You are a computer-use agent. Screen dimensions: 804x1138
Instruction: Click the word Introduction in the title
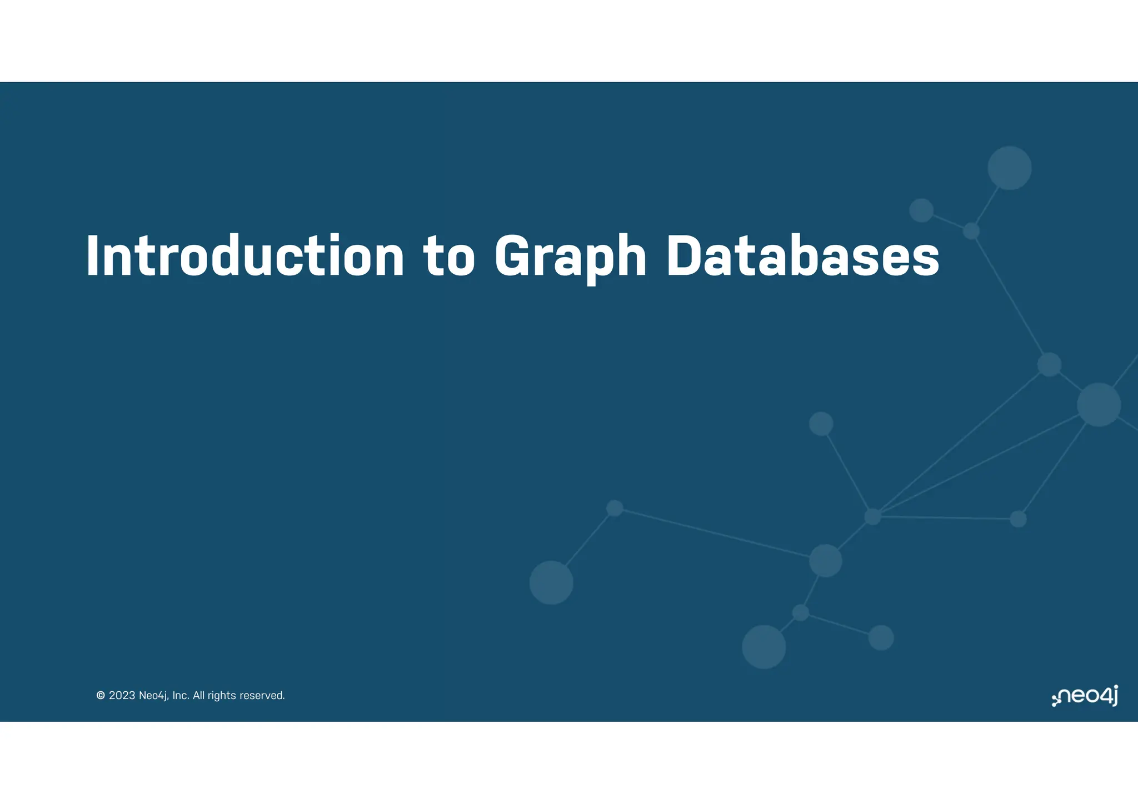pos(245,256)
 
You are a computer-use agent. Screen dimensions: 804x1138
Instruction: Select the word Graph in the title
pos(570,257)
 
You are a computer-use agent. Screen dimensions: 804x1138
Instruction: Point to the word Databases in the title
pos(802,256)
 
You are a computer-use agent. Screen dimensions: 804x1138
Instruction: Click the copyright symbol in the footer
pos(101,695)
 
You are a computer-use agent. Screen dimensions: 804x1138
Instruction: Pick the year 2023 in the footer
pos(122,695)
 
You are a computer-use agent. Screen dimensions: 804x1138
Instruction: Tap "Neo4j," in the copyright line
pos(153,696)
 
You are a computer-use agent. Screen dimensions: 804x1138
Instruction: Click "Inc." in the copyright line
pos(181,695)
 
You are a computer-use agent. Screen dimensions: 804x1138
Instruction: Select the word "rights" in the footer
pos(222,696)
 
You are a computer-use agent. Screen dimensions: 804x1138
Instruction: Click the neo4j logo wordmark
pos(1089,696)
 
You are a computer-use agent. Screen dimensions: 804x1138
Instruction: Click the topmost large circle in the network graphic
pos(1009,168)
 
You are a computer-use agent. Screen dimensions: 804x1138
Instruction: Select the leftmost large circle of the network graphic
pos(551,582)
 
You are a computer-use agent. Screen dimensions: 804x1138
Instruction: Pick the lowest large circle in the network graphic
pos(763,647)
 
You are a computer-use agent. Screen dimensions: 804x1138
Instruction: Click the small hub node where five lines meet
pos(872,516)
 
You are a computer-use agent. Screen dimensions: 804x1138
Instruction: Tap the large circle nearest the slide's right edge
pos(1099,404)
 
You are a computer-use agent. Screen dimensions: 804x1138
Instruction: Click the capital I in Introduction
pos(92,256)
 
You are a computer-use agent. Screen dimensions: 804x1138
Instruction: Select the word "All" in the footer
pos(198,695)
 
